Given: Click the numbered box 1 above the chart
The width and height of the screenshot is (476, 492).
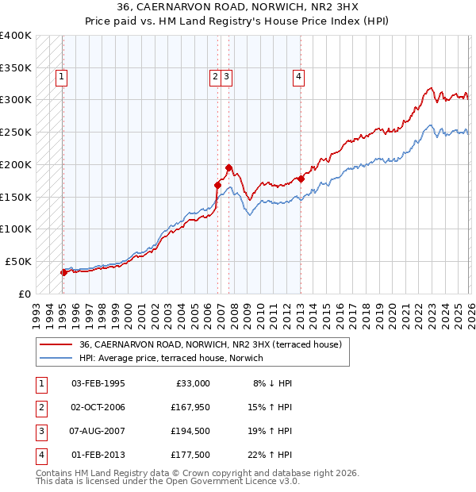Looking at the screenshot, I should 61,77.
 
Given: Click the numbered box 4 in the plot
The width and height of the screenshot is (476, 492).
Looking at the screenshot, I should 298,77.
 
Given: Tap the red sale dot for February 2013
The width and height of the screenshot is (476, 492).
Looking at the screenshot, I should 301,179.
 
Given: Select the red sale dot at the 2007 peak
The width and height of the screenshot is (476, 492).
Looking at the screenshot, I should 228,167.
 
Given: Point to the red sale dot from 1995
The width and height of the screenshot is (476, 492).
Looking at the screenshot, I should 63,272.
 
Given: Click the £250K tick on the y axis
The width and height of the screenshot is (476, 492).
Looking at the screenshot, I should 16,132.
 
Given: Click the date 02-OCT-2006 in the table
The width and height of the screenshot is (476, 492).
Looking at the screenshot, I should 98,407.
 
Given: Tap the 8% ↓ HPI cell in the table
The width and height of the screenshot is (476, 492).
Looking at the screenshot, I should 271,383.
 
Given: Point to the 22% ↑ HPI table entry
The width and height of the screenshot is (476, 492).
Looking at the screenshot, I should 271,455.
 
